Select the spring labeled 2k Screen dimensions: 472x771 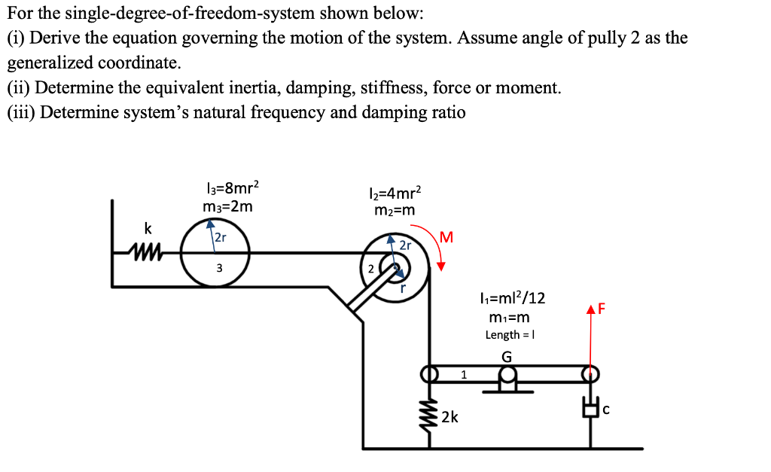point(430,416)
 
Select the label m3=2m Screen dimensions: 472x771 point(228,206)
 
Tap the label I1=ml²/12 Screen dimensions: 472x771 point(511,298)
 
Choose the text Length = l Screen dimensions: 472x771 point(510,335)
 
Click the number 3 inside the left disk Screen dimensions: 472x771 point(219,268)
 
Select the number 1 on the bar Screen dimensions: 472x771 point(464,373)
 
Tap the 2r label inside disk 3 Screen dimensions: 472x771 point(220,238)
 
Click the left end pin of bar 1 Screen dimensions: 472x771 point(430,373)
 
